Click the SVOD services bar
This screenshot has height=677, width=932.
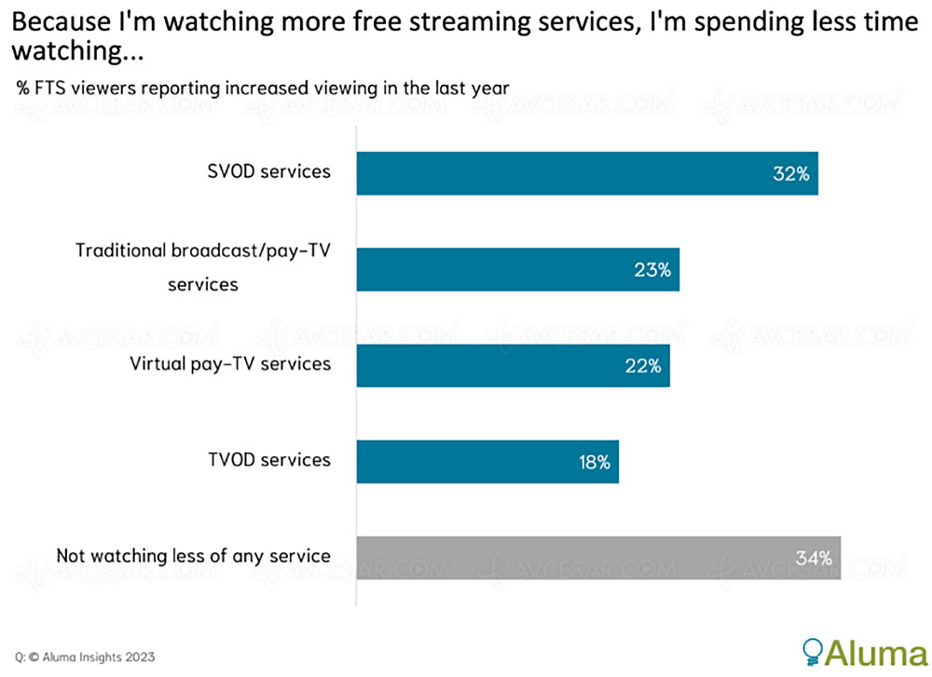pyautogui.click(x=587, y=173)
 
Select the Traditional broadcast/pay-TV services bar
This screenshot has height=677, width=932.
pyautogui.click(x=517, y=270)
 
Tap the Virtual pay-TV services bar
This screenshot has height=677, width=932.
pyautogui.click(x=513, y=366)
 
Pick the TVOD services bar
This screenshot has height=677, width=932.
pyautogui.click(x=487, y=462)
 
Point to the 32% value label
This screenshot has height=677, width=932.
pyautogui.click(x=790, y=174)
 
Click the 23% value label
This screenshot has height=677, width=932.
pyautogui.click(x=651, y=270)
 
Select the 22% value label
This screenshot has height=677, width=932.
pyautogui.click(x=642, y=366)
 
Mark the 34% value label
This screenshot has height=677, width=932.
pyautogui.click(x=813, y=559)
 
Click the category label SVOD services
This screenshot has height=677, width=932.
pyautogui.click(x=268, y=171)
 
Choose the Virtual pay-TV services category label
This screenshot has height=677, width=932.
pyautogui.click(x=230, y=363)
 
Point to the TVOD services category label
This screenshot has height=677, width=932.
pyautogui.click(x=268, y=459)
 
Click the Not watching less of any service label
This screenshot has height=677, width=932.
pyautogui.click(x=193, y=556)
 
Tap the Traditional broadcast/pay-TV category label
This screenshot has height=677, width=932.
pyautogui.click(x=203, y=266)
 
